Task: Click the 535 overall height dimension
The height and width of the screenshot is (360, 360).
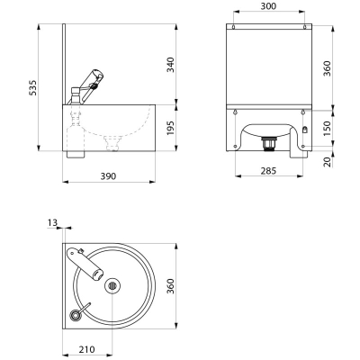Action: (33, 87)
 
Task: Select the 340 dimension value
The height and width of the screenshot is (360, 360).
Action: (171, 65)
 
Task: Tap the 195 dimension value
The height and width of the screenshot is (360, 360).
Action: (171, 128)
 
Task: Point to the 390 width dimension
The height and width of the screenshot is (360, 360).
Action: (108, 176)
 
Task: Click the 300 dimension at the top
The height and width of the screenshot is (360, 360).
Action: (268, 6)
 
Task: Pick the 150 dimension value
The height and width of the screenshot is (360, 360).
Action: (328, 129)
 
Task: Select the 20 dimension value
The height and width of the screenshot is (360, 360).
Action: (328, 161)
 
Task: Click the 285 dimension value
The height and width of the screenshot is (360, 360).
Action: (268, 171)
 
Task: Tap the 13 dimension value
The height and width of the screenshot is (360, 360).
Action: (52, 222)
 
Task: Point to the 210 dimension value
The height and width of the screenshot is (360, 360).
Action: (87, 349)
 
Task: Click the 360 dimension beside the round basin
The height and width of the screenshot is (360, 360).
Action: (171, 286)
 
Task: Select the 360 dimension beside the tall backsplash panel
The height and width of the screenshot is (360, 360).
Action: (328, 68)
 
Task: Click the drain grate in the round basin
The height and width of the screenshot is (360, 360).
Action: (112, 285)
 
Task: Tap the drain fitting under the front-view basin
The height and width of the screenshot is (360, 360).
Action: (268, 143)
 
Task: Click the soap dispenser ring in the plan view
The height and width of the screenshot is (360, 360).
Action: (74, 315)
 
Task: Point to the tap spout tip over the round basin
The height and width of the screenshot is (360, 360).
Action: (98, 274)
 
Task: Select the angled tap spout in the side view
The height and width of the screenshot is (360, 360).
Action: (92, 85)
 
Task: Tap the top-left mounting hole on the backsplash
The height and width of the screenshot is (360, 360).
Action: (233, 27)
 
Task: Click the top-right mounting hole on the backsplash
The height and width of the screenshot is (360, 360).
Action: (304, 27)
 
